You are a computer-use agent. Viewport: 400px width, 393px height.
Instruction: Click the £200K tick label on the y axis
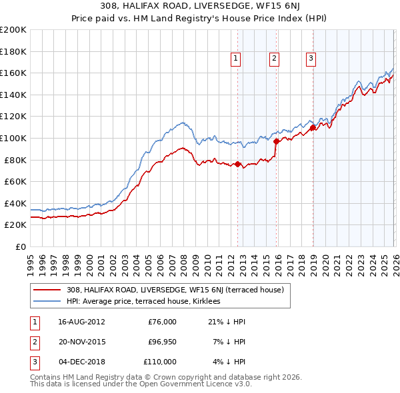13,30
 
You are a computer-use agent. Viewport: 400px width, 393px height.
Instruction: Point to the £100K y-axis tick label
13,138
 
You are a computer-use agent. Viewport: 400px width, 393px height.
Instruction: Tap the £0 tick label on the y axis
21,246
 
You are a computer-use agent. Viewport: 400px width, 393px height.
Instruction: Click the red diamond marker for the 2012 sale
237,164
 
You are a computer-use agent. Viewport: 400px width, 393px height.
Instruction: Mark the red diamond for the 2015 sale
276,141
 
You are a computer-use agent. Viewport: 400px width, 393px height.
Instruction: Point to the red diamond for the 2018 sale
313,127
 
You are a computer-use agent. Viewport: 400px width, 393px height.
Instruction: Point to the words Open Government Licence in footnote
193,384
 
